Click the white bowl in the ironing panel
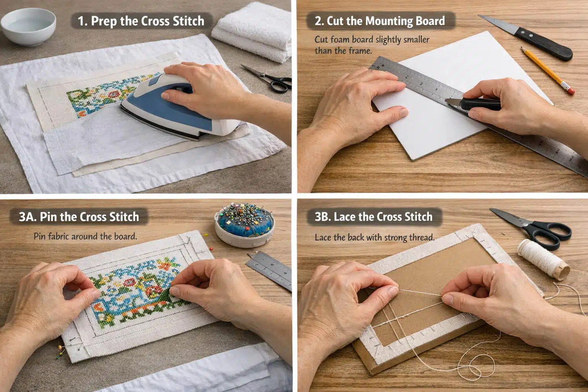point(28,26)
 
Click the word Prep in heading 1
point(104,22)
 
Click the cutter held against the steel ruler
point(472,104)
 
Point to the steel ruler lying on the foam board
point(478,116)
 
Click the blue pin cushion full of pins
point(244,225)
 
